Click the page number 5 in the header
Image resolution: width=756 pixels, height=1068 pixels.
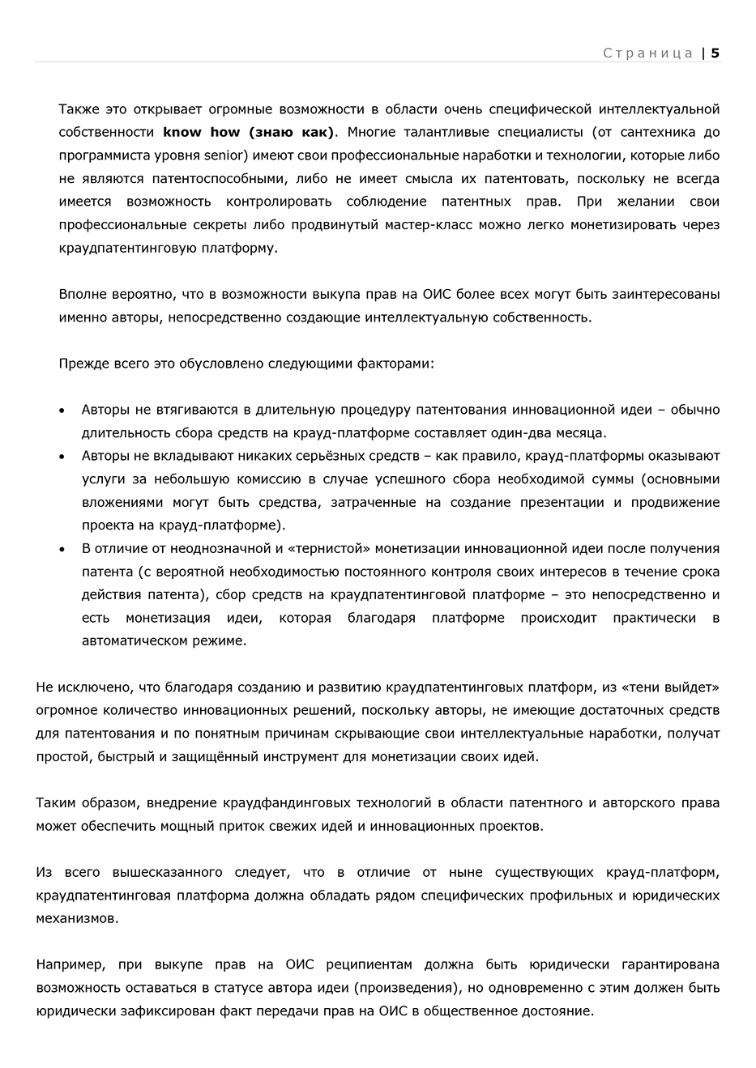pos(715,53)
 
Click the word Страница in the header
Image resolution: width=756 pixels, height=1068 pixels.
pos(647,53)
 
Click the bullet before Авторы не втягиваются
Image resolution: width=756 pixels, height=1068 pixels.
pos(62,411)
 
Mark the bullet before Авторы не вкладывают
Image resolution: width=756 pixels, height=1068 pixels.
pos(62,457)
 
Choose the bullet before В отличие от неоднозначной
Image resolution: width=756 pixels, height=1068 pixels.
pos(62,549)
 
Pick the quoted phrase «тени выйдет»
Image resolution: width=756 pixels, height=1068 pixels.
pos(671,687)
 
